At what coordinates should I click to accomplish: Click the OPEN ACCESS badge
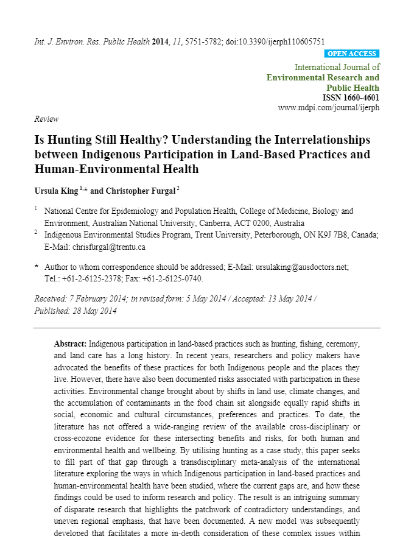(x=353, y=54)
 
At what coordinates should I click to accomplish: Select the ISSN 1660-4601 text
(x=351, y=97)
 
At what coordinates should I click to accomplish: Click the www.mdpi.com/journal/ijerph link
(x=329, y=108)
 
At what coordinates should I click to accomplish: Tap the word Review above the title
(x=46, y=119)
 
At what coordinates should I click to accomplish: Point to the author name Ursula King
(x=56, y=191)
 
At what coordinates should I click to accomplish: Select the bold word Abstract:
(x=71, y=344)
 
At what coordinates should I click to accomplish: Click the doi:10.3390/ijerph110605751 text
(x=275, y=41)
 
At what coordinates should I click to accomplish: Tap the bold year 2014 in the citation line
(x=161, y=41)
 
